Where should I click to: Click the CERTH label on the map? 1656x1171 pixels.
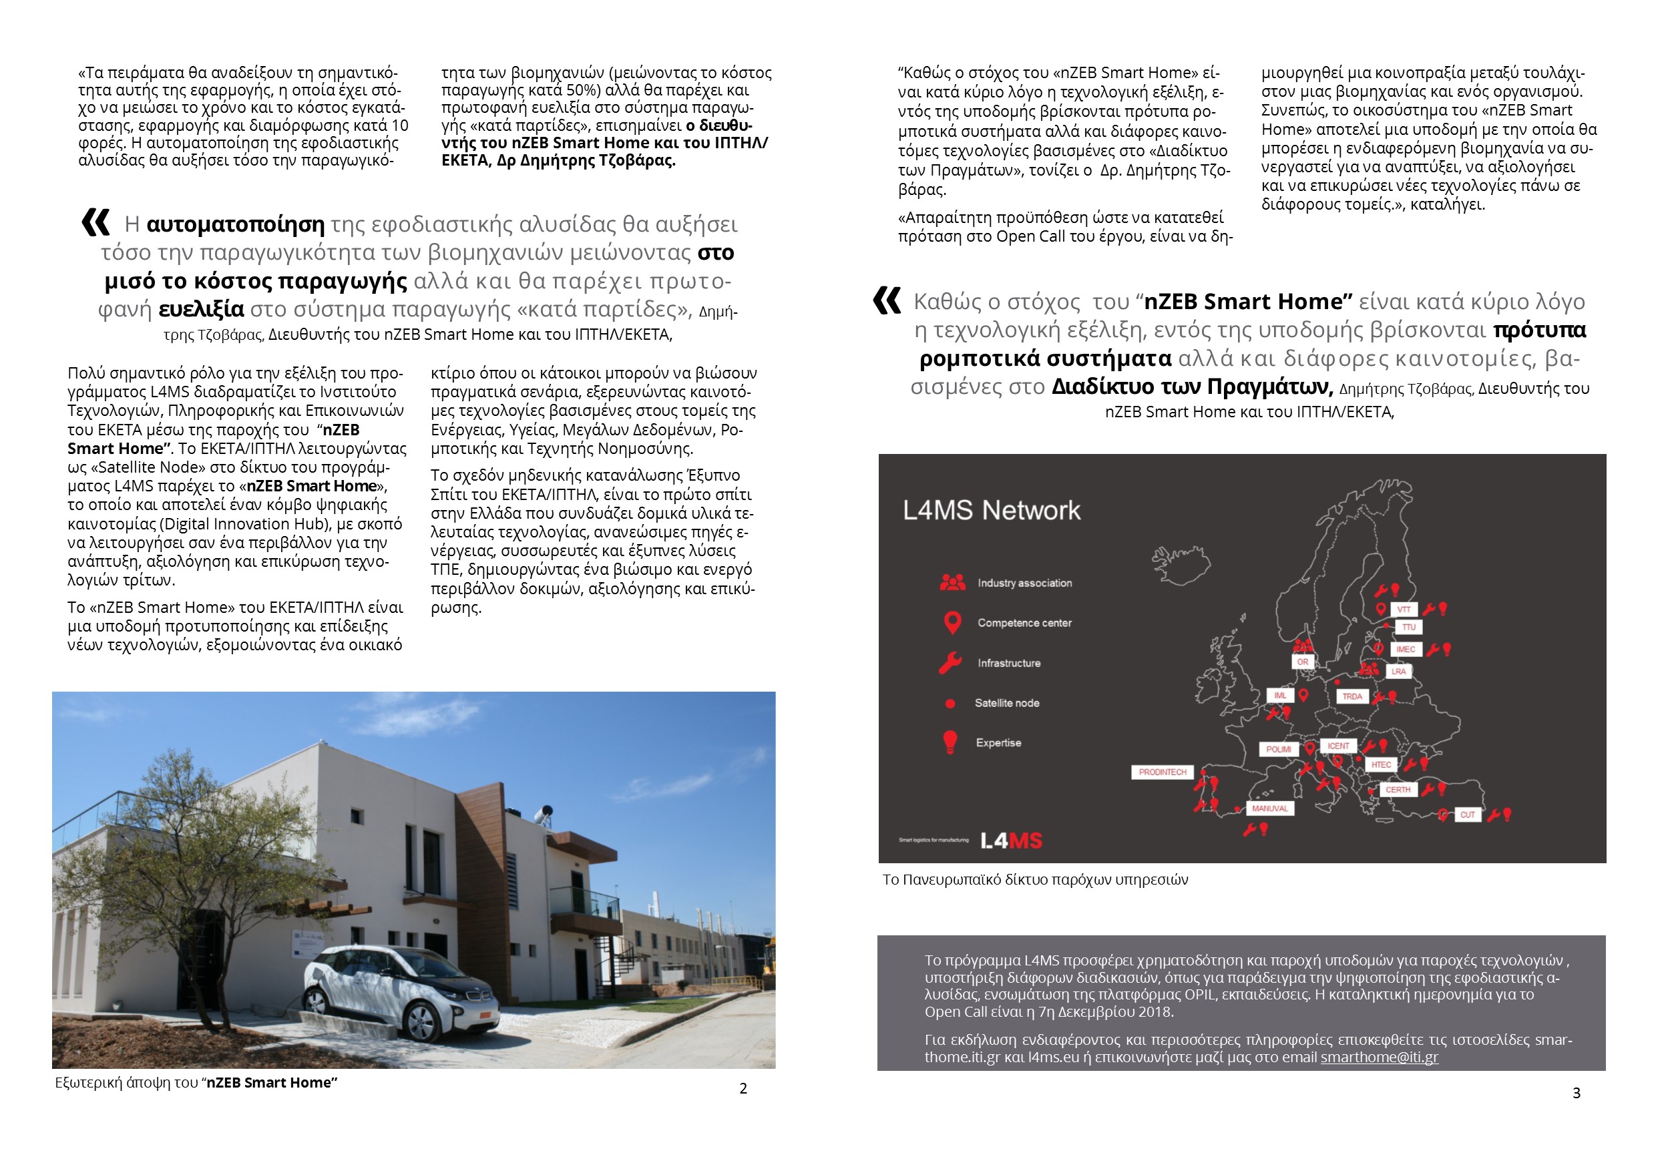coord(1397,790)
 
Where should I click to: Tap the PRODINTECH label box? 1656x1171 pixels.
coord(1162,772)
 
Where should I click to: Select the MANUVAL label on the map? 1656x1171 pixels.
coord(1269,808)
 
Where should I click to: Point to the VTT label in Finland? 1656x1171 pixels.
coord(1404,610)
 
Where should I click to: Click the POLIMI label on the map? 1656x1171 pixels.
coord(1278,749)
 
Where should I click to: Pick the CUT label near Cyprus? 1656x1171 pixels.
coord(1467,814)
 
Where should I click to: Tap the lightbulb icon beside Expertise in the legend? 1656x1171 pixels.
coord(950,742)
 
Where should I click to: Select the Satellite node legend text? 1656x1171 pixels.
coord(1007,703)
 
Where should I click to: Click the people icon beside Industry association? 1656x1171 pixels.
coord(952,583)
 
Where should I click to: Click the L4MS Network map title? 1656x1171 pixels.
coord(992,511)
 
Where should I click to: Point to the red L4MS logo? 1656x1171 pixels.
coord(1011,841)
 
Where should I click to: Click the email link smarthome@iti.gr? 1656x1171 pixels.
coord(1379,1057)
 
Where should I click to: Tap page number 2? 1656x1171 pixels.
coord(743,1089)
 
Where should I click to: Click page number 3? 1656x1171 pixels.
coord(1576,1093)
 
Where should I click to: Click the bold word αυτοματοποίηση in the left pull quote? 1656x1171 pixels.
coord(235,224)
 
